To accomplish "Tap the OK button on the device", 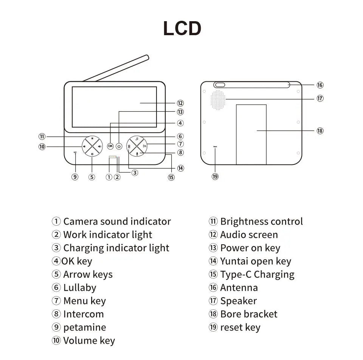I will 110,146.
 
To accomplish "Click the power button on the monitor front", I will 119,146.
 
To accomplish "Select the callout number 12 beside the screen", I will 180,103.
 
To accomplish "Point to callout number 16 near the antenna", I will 320,85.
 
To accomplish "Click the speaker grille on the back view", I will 218,100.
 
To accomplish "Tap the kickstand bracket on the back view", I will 251,134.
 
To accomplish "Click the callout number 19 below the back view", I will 215,177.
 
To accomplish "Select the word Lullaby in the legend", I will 80,288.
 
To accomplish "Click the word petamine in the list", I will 85,327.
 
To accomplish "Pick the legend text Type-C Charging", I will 257,275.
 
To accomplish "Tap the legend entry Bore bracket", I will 249,314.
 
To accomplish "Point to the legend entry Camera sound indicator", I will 117,222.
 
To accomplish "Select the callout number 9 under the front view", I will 75,177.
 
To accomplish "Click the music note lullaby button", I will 137,139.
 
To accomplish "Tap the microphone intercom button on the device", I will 137,153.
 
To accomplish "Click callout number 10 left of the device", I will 42,147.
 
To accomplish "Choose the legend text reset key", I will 240,327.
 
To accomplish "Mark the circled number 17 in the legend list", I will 213,301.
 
